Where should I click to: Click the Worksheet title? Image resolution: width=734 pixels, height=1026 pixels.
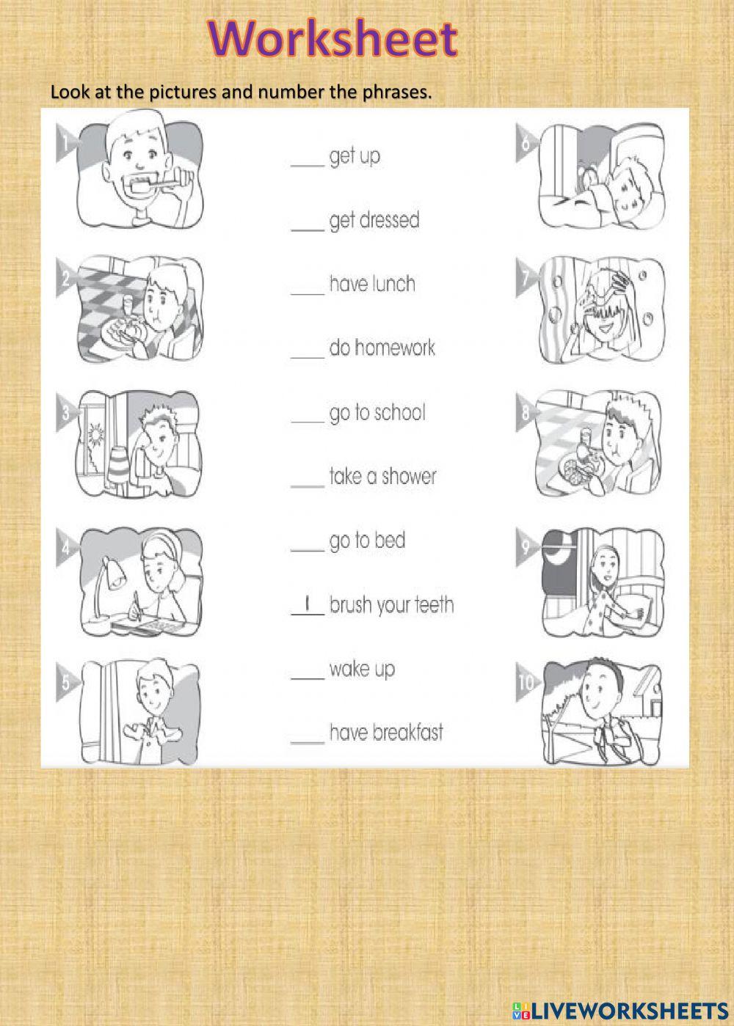[333, 38]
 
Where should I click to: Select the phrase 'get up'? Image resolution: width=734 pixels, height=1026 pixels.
[355, 156]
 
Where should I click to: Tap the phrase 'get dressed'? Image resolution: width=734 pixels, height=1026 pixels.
[374, 220]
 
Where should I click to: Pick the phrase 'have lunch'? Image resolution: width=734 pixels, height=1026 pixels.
[372, 284]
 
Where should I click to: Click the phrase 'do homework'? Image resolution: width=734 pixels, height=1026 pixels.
[382, 348]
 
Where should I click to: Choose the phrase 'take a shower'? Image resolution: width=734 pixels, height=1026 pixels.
[382, 477]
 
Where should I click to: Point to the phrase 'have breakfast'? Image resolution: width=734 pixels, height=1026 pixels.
[386, 732]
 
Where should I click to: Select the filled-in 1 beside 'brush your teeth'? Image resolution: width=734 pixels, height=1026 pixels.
[309, 605]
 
